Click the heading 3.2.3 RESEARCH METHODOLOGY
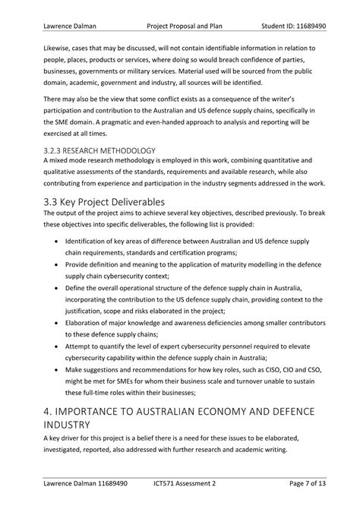pyautogui.click(x=99, y=150)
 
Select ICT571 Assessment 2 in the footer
pyautogui.click(x=185, y=482)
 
